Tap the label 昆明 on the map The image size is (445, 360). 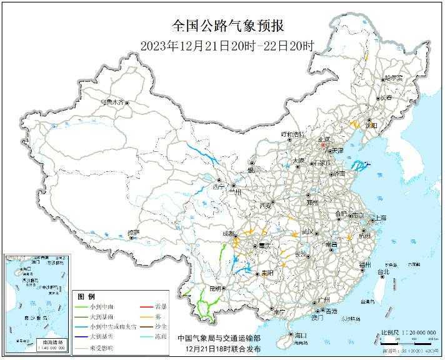216,289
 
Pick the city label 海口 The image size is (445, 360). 301,335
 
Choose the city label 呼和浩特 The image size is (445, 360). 292,134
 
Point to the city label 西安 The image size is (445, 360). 266,206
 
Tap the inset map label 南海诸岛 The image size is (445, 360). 47,343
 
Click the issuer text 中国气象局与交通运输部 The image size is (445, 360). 218,338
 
